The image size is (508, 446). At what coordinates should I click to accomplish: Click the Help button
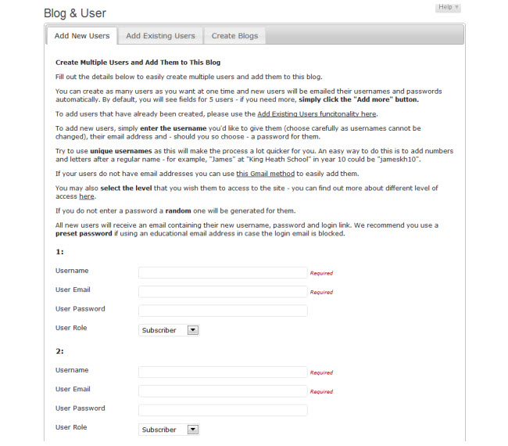[448, 7]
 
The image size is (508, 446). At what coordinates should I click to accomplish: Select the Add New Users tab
[81, 36]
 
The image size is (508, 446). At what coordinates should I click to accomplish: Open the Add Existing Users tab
[160, 36]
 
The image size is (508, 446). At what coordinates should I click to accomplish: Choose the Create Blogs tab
[234, 36]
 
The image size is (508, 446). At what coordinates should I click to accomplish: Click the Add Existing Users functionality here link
[317, 114]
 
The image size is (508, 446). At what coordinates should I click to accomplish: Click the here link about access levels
[87, 196]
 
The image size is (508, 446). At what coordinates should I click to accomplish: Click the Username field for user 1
[223, 272]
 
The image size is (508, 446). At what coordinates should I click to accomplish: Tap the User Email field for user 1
[223, 291]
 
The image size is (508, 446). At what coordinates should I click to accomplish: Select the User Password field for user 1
[223, 311]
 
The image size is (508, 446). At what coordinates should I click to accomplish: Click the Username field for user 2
[223, 372]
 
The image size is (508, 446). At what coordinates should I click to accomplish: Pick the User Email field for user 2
[223, 390]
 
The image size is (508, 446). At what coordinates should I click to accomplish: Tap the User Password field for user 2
[223, 410]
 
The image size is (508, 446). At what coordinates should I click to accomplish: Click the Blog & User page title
[75, 13]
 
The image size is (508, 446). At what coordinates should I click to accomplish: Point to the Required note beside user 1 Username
[321, 273]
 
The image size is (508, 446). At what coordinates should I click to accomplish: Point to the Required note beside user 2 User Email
[321, 391]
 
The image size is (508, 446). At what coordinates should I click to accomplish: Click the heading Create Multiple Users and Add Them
[138, 62]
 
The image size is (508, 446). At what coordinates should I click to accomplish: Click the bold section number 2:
[60, 351]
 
